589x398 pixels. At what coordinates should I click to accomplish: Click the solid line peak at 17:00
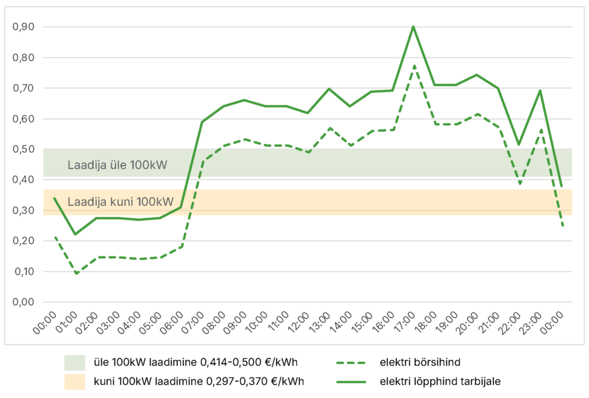tap(413, 26)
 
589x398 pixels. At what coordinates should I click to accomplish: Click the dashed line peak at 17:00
tap(413, 66)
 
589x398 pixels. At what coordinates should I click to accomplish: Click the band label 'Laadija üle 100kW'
tap(117, 166)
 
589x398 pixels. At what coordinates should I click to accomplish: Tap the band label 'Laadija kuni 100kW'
tap(120, 202)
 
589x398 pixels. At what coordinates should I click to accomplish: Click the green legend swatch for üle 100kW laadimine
tap(75, 362)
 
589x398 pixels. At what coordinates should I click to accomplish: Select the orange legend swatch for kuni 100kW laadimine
tap(75, 381)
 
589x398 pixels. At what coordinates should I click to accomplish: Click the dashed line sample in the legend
tap(352, 362)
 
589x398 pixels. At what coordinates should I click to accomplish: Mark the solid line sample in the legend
tap(352, 381)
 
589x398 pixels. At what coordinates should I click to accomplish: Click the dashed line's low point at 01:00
tap(75, 274)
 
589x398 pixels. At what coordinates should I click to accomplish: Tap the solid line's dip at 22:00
tap(519, 144)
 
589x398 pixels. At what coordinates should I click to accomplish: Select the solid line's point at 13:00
tap(328, 89)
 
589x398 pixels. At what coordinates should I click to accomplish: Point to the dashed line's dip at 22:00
tap(519, 184)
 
